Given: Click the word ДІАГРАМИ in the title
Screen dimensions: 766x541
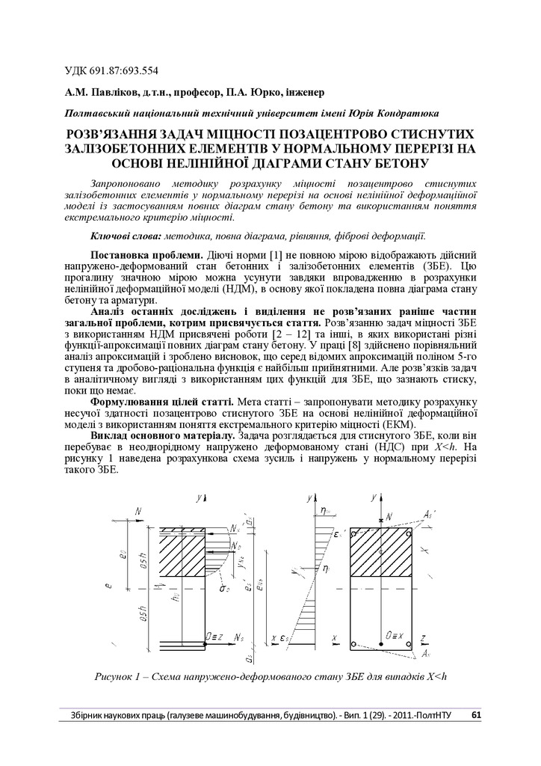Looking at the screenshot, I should pos(299,162).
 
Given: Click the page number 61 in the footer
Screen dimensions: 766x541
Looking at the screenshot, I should pos(476,714).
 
